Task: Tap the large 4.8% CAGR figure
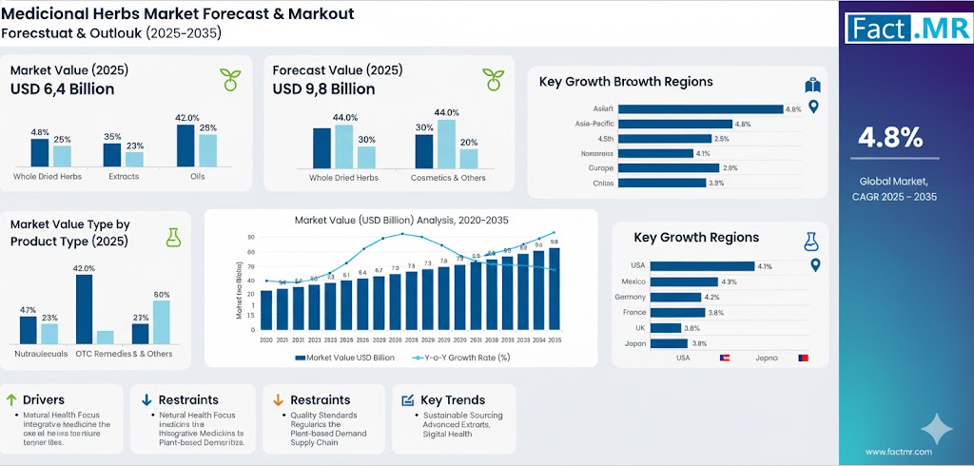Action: (890, 139)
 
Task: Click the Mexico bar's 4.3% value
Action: (730, 282)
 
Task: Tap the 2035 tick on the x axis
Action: (554, 340)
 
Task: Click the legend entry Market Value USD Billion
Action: (344, 358)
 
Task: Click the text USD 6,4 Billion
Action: (63, 89)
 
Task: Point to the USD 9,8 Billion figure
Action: (323, 89)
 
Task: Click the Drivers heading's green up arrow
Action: (11, 400)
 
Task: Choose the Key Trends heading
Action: (453, 400)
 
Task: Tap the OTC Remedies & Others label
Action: (124, 353)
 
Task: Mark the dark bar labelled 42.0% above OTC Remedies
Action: (85, 308)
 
